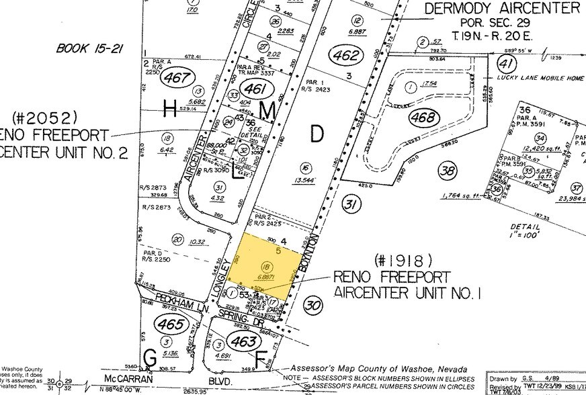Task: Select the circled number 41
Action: coord(503,64)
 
